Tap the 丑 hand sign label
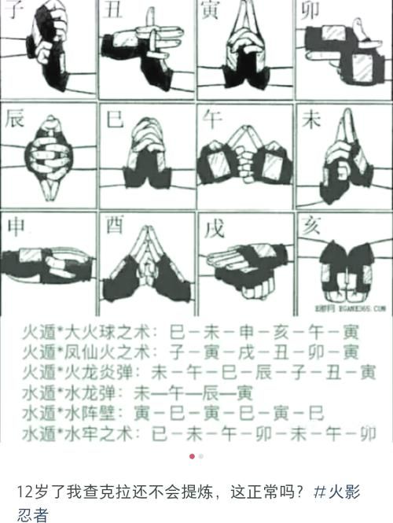[111, 9]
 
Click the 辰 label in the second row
[14, 120]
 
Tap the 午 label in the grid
[212, 120]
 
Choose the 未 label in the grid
[311, 120]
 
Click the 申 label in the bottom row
[14, 227]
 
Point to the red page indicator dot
[192, 455]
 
